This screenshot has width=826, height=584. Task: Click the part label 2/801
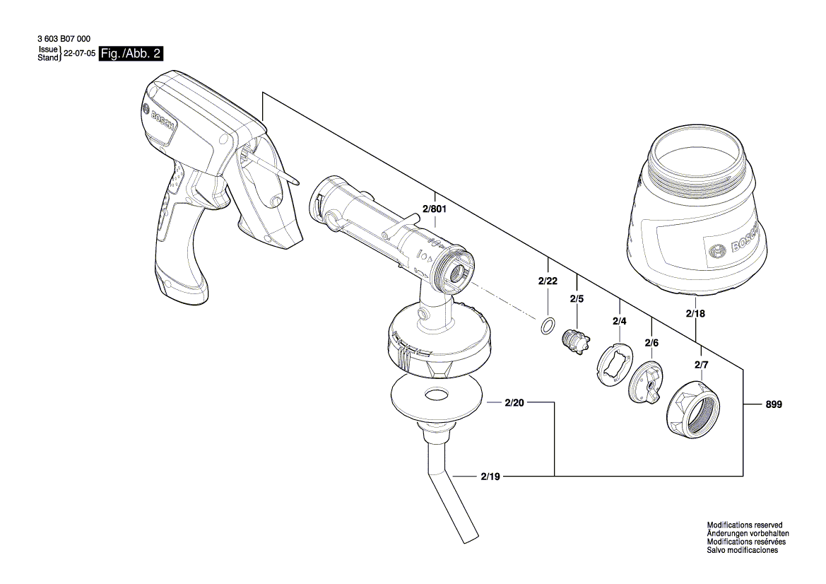point(435,209)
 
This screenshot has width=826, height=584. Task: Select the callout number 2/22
point(548,281)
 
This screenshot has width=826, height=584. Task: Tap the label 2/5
point(577,298)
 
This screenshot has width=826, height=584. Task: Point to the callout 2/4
point(620,322)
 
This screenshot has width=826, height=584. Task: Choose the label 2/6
point(651,343)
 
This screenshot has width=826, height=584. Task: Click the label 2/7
point(701,365)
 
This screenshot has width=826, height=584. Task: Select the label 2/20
point(514,403)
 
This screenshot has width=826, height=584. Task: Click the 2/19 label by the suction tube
point(490,477)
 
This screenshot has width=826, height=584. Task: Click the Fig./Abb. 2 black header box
point(131,53)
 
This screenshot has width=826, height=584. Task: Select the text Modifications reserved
point(744,525)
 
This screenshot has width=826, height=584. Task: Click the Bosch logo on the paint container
point(716,251)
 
